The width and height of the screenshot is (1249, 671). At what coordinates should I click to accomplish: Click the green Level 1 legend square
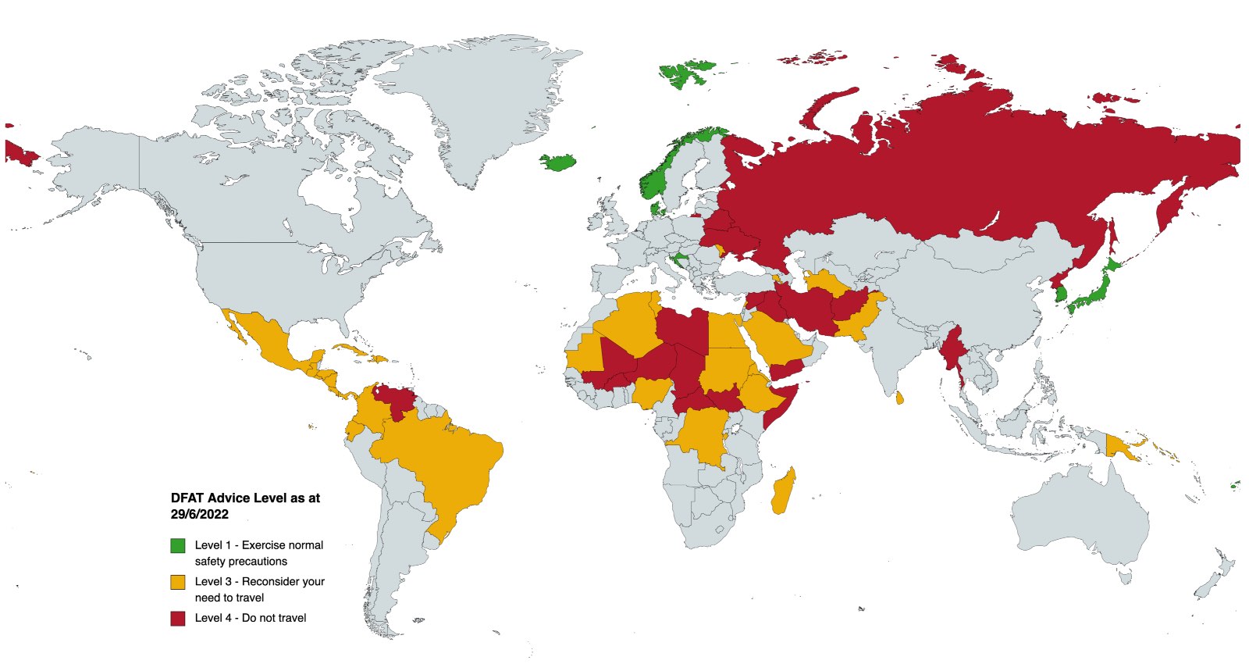(178, 545)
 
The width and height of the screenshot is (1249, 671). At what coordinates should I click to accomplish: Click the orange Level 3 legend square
(178, 582)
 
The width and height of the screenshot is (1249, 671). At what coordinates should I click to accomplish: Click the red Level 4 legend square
(178, 618)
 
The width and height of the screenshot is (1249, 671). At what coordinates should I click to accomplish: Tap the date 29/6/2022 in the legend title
(200, 514)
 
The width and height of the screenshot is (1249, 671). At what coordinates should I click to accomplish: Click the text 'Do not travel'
(274, 618)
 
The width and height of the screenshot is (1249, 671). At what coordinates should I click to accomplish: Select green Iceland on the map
(559, 162)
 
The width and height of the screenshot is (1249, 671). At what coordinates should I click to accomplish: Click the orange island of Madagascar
(783, 492)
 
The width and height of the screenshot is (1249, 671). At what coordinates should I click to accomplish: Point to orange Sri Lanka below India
(899, 398)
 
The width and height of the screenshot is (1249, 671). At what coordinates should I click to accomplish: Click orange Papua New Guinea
(1119, 447)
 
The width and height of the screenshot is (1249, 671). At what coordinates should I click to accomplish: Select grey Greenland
(476, 102)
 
